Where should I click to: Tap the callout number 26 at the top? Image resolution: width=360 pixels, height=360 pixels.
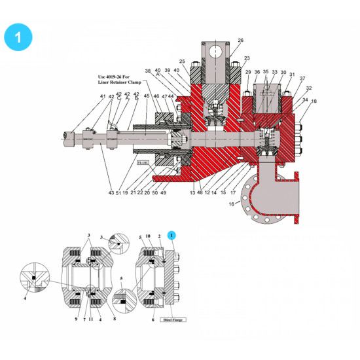click(240, 41)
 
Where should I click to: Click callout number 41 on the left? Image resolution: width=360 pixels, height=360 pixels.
click(103, 97)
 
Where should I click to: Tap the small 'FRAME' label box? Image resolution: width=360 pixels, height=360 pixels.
click(141, 160)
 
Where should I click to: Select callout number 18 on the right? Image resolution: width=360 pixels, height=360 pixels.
click(314, 101)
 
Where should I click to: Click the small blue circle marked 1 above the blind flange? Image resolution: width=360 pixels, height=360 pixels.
click(171, 234)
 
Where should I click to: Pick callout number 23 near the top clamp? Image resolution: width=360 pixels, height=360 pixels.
click(247, 58)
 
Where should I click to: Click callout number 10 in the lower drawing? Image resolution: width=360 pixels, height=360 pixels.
click(149, 235)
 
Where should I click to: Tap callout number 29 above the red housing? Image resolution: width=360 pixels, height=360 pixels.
click(248, 73)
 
